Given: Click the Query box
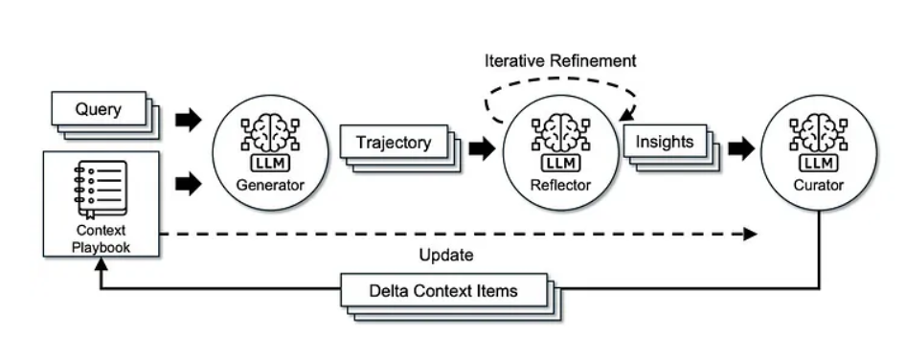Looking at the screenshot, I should [99, 109].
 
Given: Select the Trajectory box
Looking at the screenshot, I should [393, 143].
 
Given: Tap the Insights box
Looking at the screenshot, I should [664, 142].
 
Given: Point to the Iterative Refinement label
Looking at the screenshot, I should [558, 60].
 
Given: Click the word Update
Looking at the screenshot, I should [446, 256].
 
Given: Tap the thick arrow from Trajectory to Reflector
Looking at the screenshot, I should [483, 148].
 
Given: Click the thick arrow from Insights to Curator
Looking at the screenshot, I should [740, 148].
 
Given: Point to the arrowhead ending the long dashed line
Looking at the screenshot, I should [751, 234].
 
